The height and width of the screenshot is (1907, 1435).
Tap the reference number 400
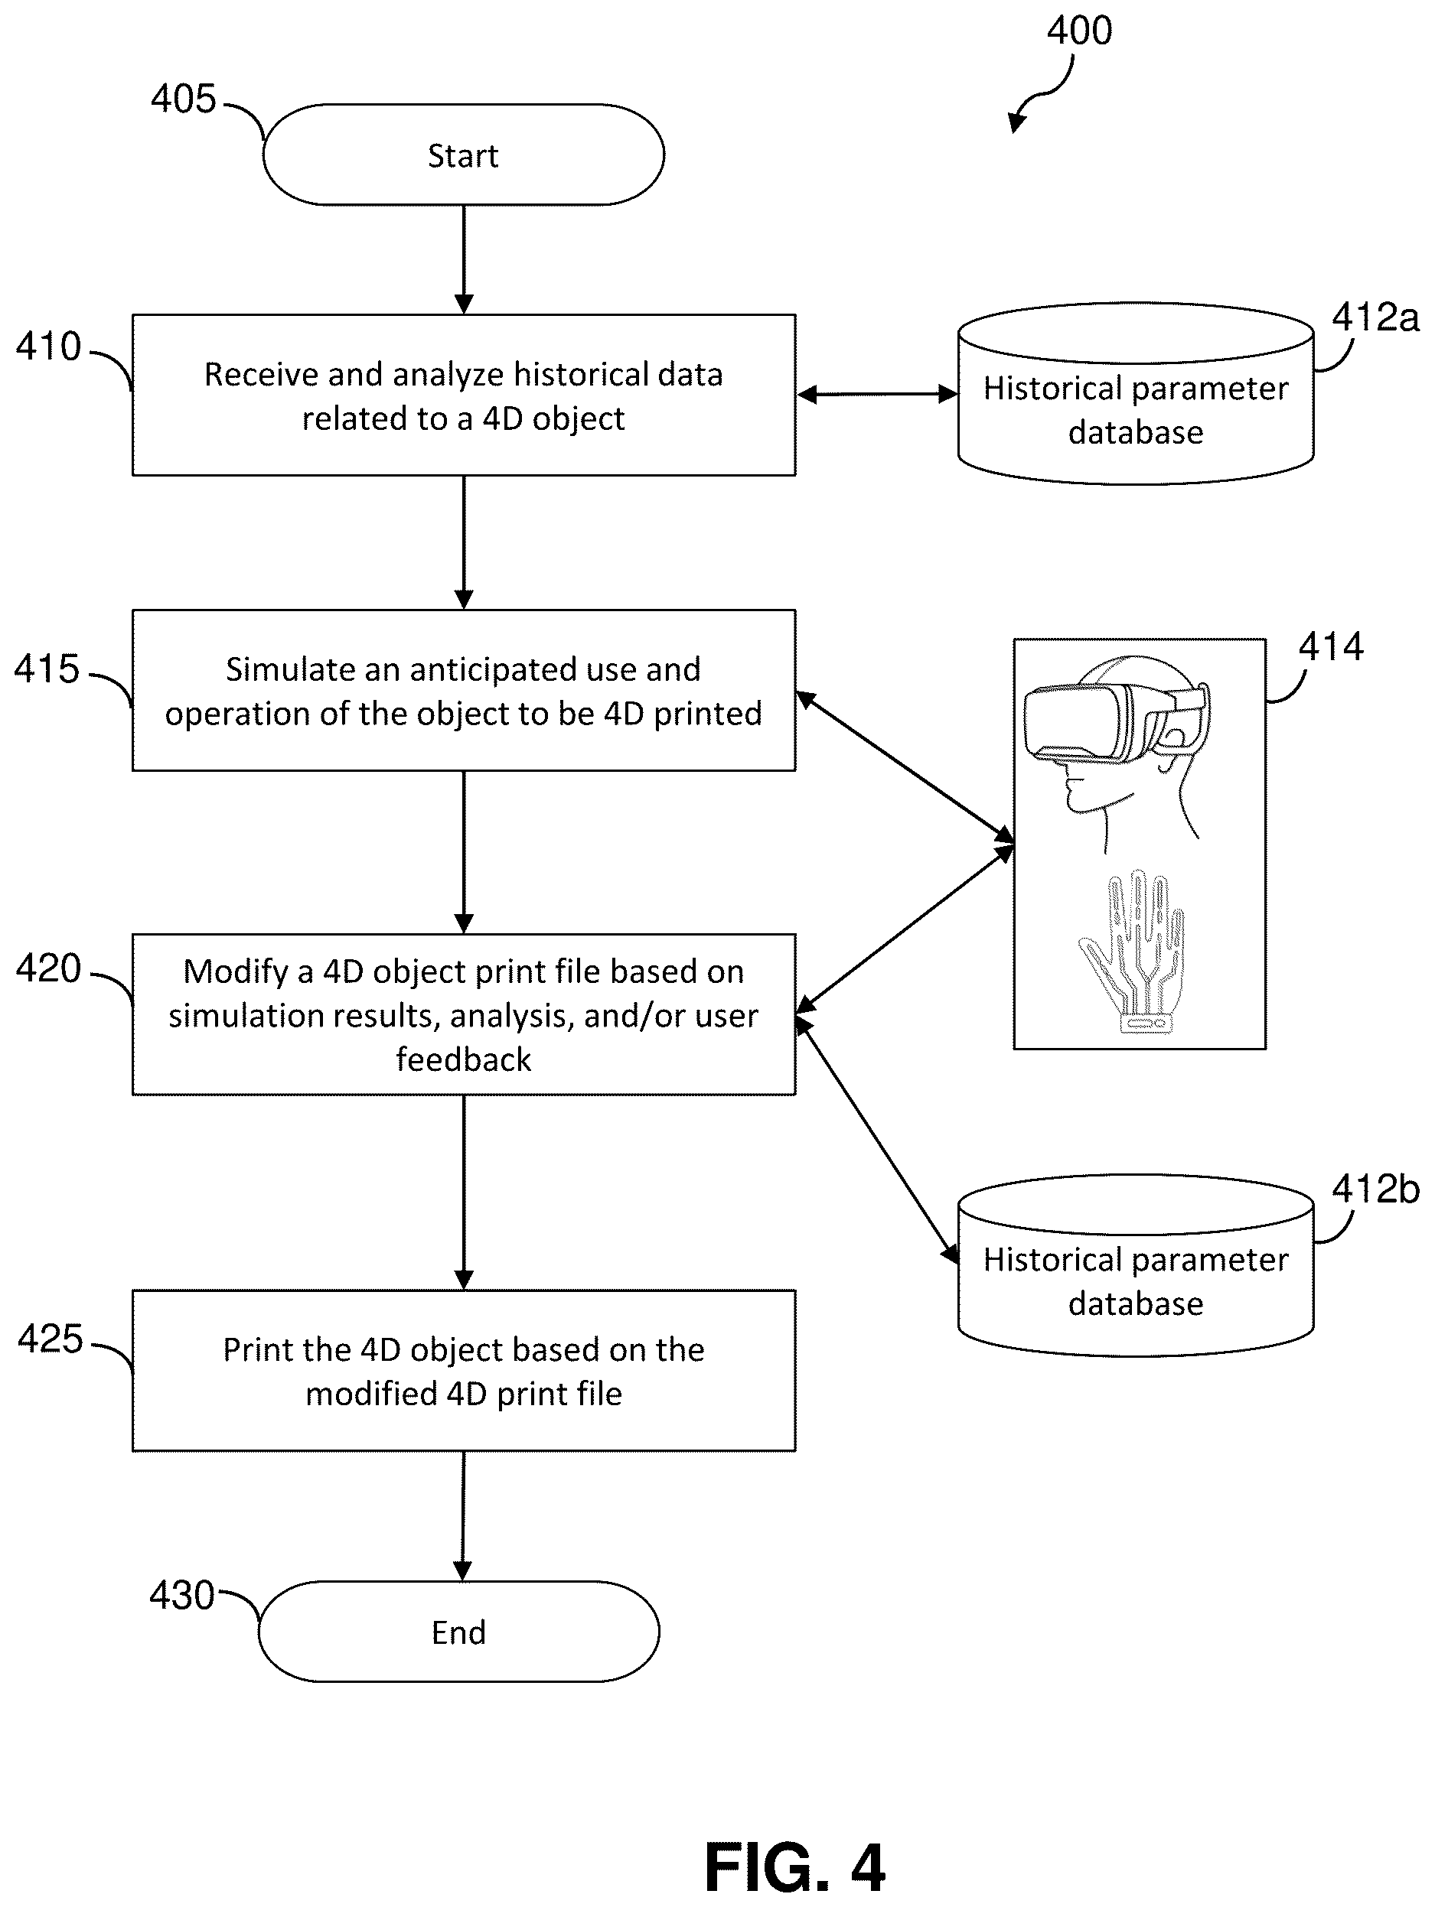point(1079,31)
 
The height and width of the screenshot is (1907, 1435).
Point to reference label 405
point(183,99)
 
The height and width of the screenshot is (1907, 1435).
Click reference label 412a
point(1375,317)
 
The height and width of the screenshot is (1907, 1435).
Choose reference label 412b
point(1375,1189)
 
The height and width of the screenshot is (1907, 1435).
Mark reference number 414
point(1331,646)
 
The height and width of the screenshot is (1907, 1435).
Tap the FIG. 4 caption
point(794,1866)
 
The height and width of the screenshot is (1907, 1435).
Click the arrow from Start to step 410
point(464,259)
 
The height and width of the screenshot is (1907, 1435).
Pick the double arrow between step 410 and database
point(877,395)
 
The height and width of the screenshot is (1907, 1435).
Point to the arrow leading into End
point(463,1516)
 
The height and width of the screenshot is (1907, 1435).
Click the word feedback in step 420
point(464,1059)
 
